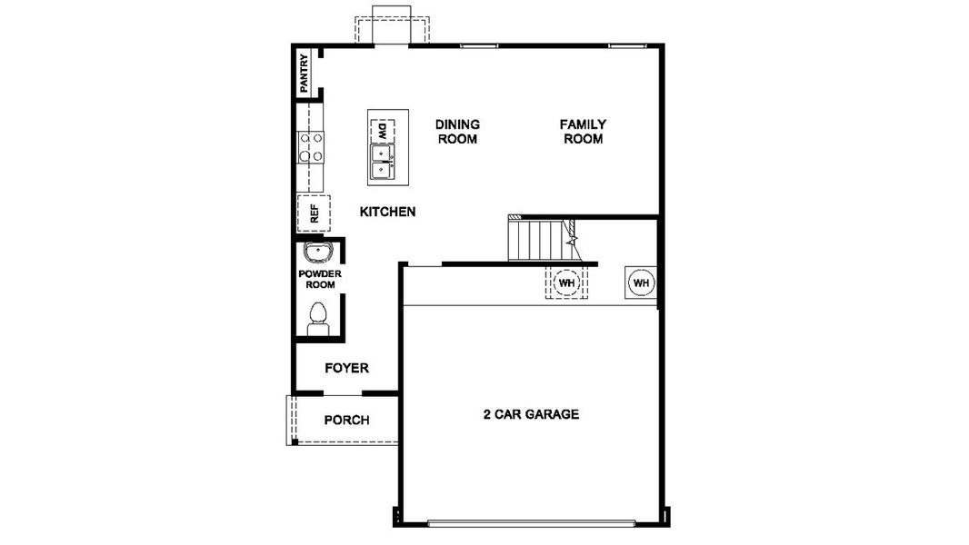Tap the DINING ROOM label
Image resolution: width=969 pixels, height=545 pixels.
click(x=457, y=132)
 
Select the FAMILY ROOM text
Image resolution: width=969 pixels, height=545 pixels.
click(x=583, y=132)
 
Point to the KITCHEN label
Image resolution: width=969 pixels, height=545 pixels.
click(x=387, y=212)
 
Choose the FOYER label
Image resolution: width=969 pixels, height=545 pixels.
click(x=347, y=368)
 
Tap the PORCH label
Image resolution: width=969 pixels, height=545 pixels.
click(x=347, y=420)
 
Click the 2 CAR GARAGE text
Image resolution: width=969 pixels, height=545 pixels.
click(x=531, y=414)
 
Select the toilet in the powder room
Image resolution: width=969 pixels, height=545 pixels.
click(x=318, y=319)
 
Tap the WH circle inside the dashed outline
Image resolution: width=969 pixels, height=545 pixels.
click(x=567, y=283)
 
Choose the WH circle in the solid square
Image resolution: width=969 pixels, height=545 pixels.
click(x=641, y=282)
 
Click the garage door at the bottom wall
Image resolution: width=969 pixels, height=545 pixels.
click(x=531, y=522)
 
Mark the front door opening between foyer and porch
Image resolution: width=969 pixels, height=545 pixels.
click(x=343, y=392)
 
